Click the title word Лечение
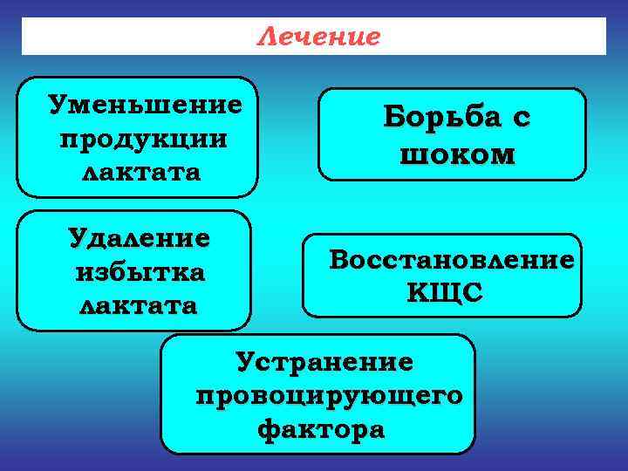point(319,37)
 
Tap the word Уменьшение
point(144,106)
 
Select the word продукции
point(143,139)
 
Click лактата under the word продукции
point(140,171)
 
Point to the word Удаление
point(140,238)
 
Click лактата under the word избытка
point(139,306)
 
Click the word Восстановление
point(451,260)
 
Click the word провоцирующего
point(330,395)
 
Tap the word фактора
point(320,429)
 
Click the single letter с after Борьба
point(522,119)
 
